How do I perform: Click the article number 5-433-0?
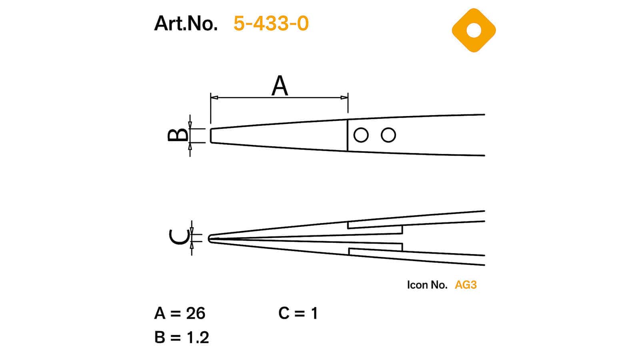click(x=271, y=23)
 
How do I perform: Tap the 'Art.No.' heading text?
click(x=186, y=23)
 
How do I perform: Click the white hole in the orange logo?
click(x=474, y=30)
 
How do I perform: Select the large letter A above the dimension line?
click(x=280, y=86)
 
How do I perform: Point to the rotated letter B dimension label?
click(x=178, y=135)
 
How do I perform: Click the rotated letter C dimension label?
click(x=179, y=238)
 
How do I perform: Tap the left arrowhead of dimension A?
click(x=214, y=98)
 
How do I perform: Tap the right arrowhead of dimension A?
click(x=344, y=98)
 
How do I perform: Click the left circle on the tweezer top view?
click(x=361, y=135)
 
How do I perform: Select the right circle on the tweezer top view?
click(x=388, y=135)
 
